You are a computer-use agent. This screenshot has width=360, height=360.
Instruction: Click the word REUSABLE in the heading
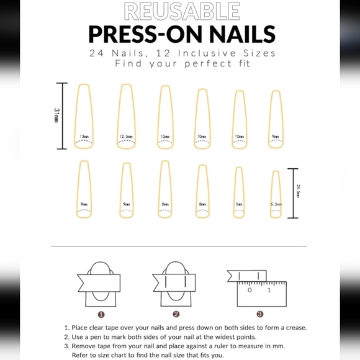pos(181,11)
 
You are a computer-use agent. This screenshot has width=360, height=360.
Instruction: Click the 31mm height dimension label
pos(56,115)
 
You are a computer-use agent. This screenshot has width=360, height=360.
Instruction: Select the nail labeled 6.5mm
pos(276,194)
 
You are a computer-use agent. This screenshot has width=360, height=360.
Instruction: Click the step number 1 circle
pos(101,314)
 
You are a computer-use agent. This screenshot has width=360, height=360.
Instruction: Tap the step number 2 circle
pos(176,314)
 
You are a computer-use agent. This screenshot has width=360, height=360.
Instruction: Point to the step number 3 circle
pos(259,314)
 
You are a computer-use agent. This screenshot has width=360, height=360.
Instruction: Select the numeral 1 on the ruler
pos(269,290)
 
